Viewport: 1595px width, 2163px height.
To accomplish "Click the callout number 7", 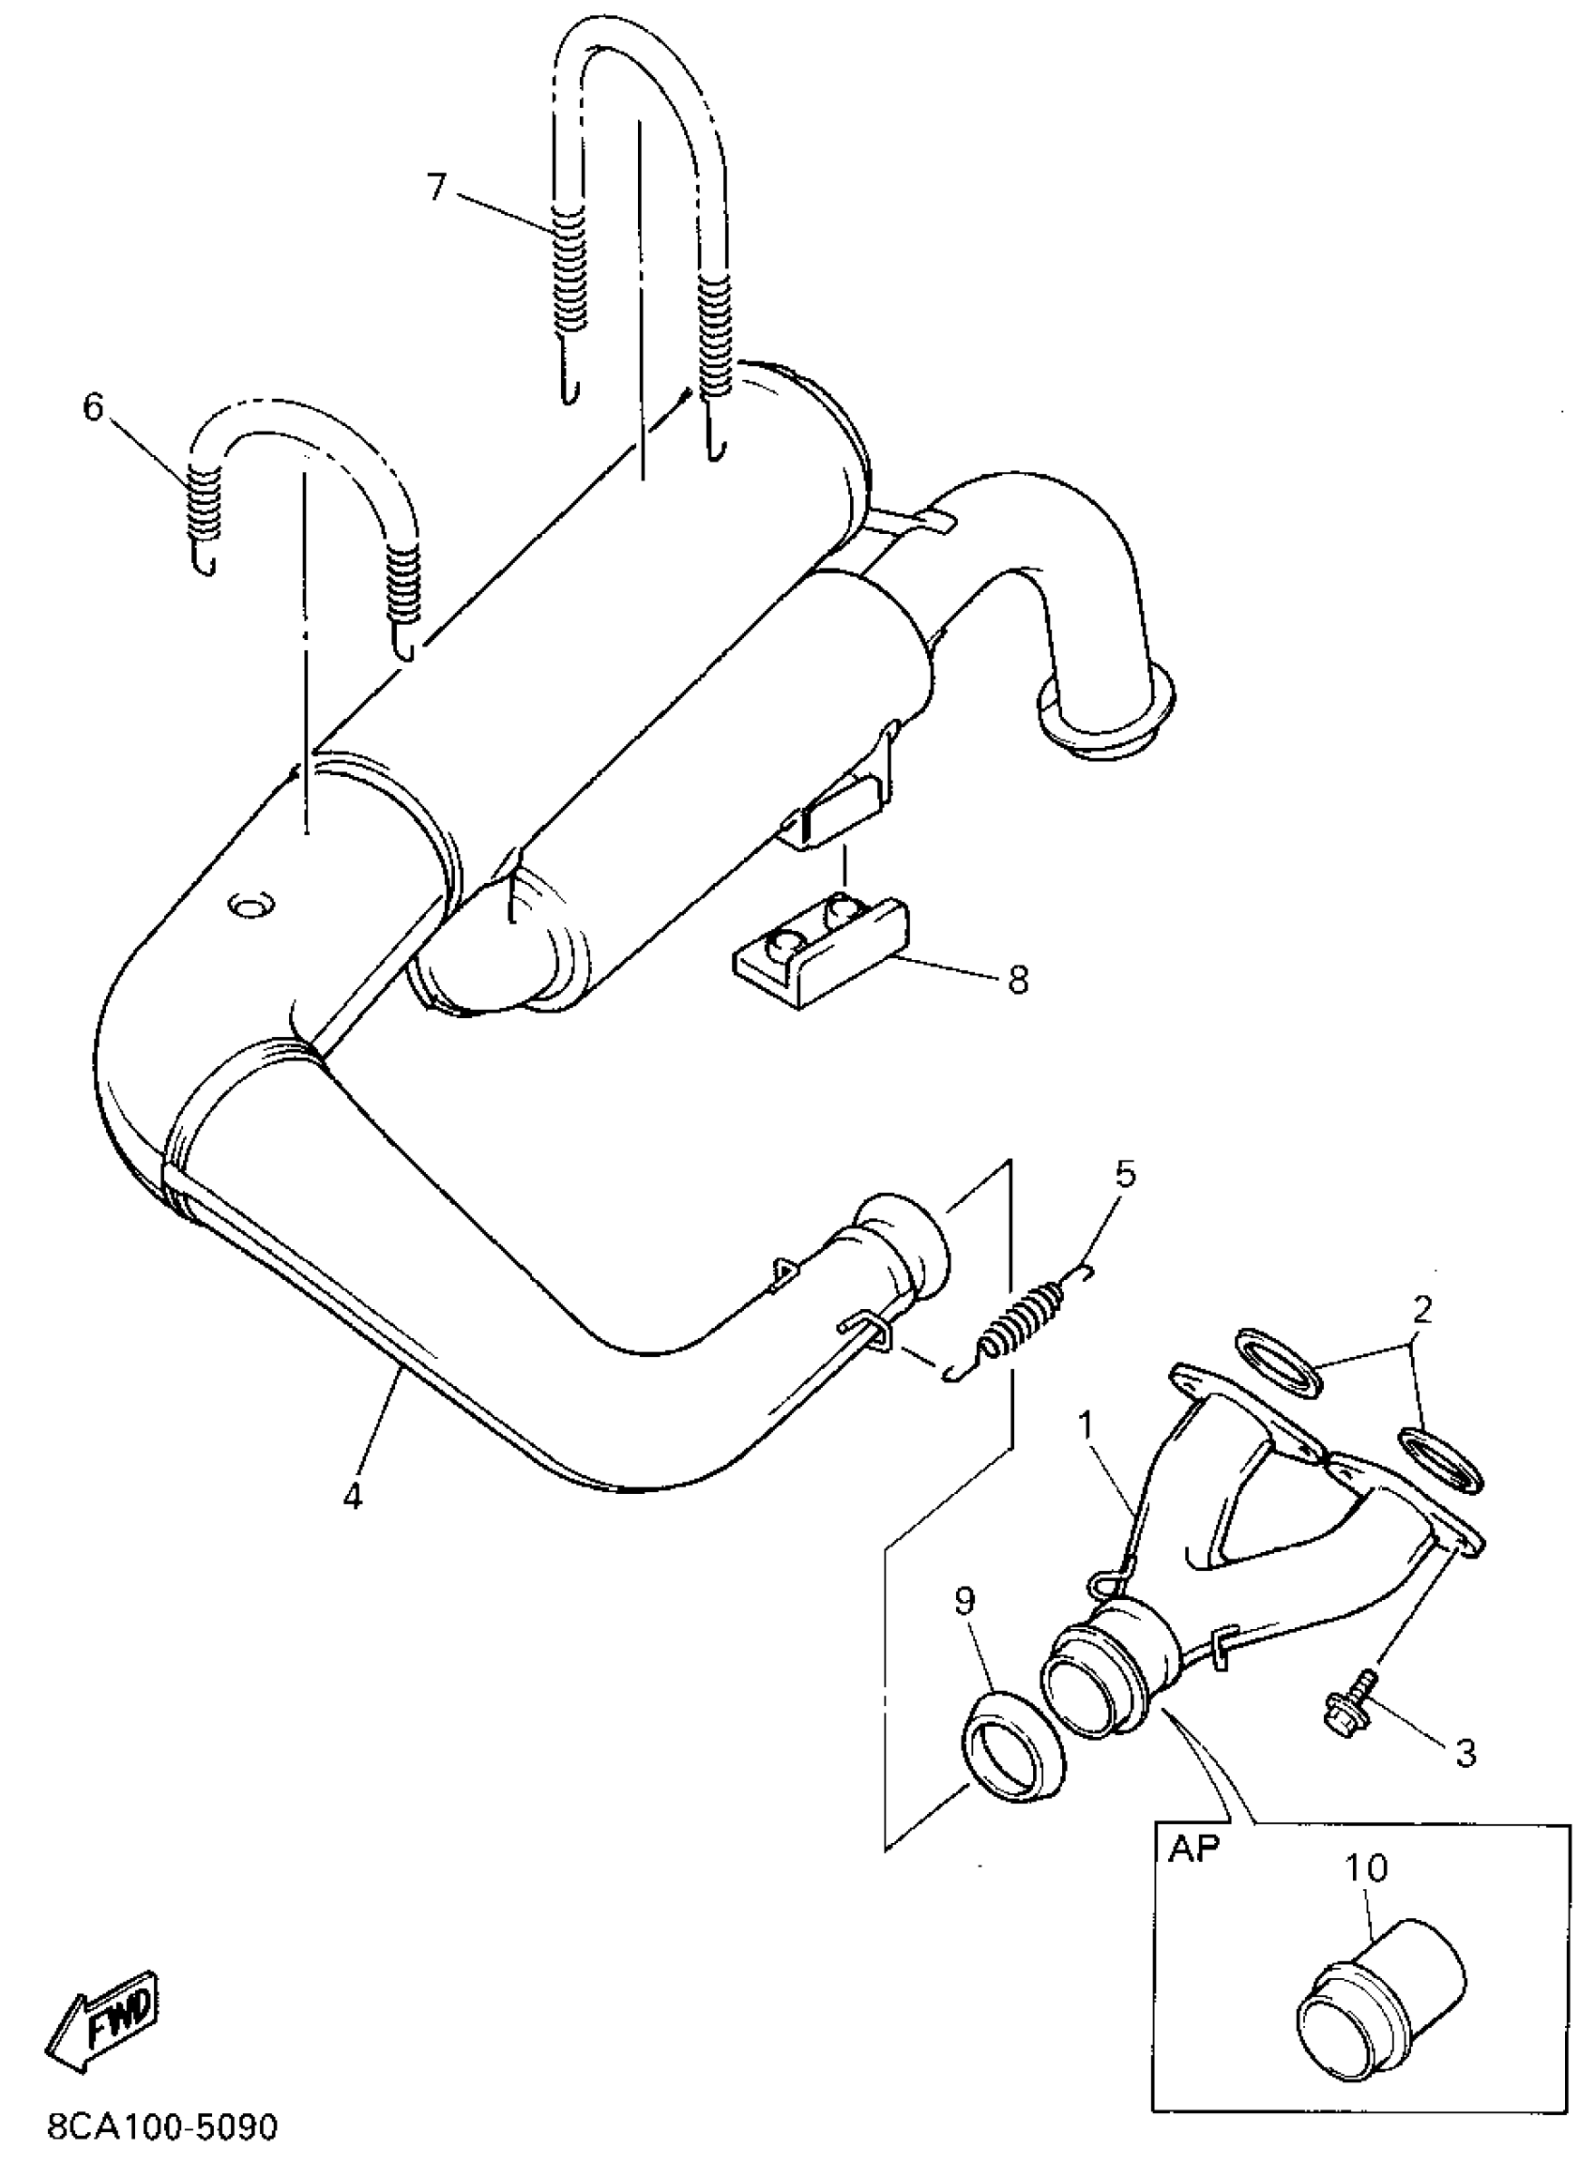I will click(x=437, y=187).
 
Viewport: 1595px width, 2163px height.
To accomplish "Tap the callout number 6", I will click(x=93, y=408).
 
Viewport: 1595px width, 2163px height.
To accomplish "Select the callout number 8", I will click(x=1018, y=981).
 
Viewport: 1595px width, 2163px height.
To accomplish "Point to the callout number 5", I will click(x=1125, y=1174).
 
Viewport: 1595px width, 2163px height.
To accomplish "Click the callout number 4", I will click(x=353, y=1496).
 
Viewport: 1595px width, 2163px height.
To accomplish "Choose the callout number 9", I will click(x=965, y=1601).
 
